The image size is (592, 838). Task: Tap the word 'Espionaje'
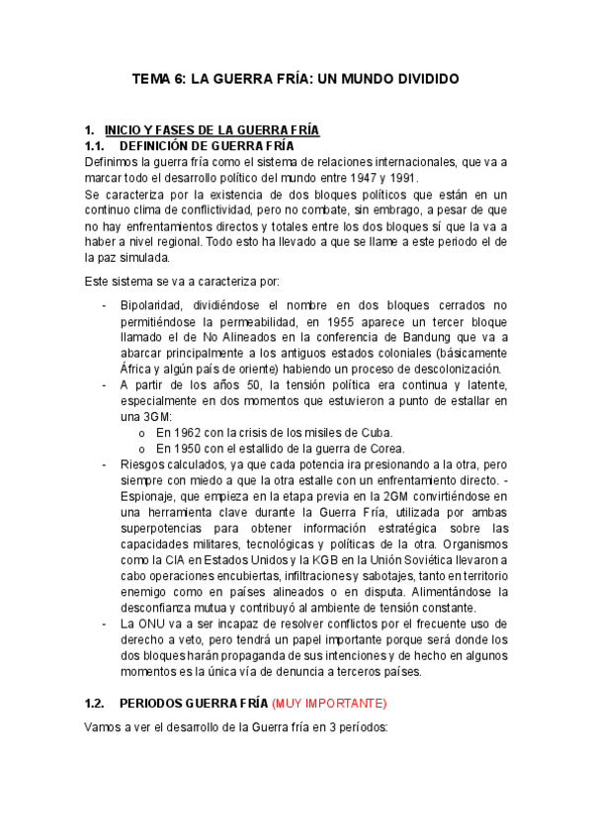tap(149, 495)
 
